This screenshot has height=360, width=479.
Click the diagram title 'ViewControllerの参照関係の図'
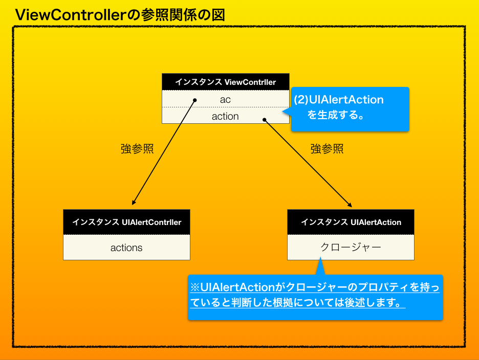(x=120, y=15)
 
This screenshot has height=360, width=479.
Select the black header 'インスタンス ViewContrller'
(x=225, y=82)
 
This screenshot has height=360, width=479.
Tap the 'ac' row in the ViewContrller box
(x=225, y=99)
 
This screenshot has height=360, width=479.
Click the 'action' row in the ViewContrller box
(x=225, y=116)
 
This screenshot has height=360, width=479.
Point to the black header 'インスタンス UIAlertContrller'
(x=126, y=222)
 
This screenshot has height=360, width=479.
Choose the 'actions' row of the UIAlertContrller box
(x=126, y=248)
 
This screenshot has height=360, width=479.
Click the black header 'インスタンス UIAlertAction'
(x=351, y=222)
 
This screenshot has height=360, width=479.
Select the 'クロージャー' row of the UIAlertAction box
(x=351, y=247)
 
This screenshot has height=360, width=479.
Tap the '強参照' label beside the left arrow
(x=137, y=149)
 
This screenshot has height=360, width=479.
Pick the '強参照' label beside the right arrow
(x=327, y=149)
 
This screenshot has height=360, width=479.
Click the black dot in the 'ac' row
(x=195, y=100)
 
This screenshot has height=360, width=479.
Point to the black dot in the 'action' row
(x=265, y=120)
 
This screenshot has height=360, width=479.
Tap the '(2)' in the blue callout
(x=301, y=100)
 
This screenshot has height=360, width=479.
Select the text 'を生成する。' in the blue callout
(x=336, y=115)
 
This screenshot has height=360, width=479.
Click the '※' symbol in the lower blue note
(x=195, y=287)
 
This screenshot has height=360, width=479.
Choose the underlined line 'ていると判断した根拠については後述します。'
(x=297, y=303)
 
